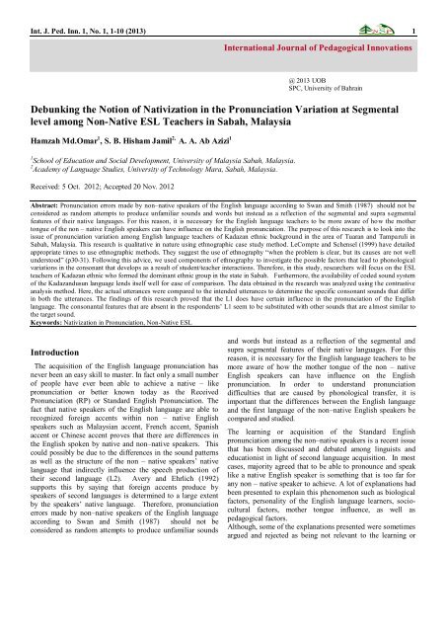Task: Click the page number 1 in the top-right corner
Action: pyautogui.click(x=436, y=8)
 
